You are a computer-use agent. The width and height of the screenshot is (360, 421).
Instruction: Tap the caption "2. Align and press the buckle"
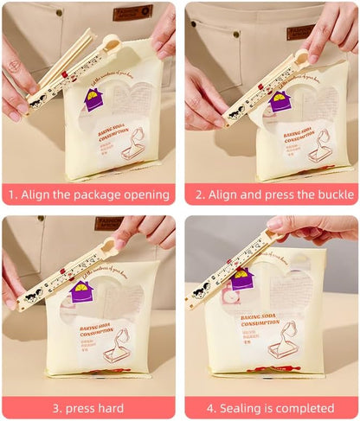point(272,194)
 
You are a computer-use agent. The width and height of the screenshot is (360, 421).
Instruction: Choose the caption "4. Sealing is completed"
point(272,407)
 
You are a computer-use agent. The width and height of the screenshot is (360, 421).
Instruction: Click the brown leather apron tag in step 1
point(132,12)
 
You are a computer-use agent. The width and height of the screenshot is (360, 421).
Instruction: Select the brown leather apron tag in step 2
point(301,31)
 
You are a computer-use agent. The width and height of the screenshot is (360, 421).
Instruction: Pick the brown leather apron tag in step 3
point(109,223)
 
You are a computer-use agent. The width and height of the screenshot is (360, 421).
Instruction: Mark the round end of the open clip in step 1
point(112,41)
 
